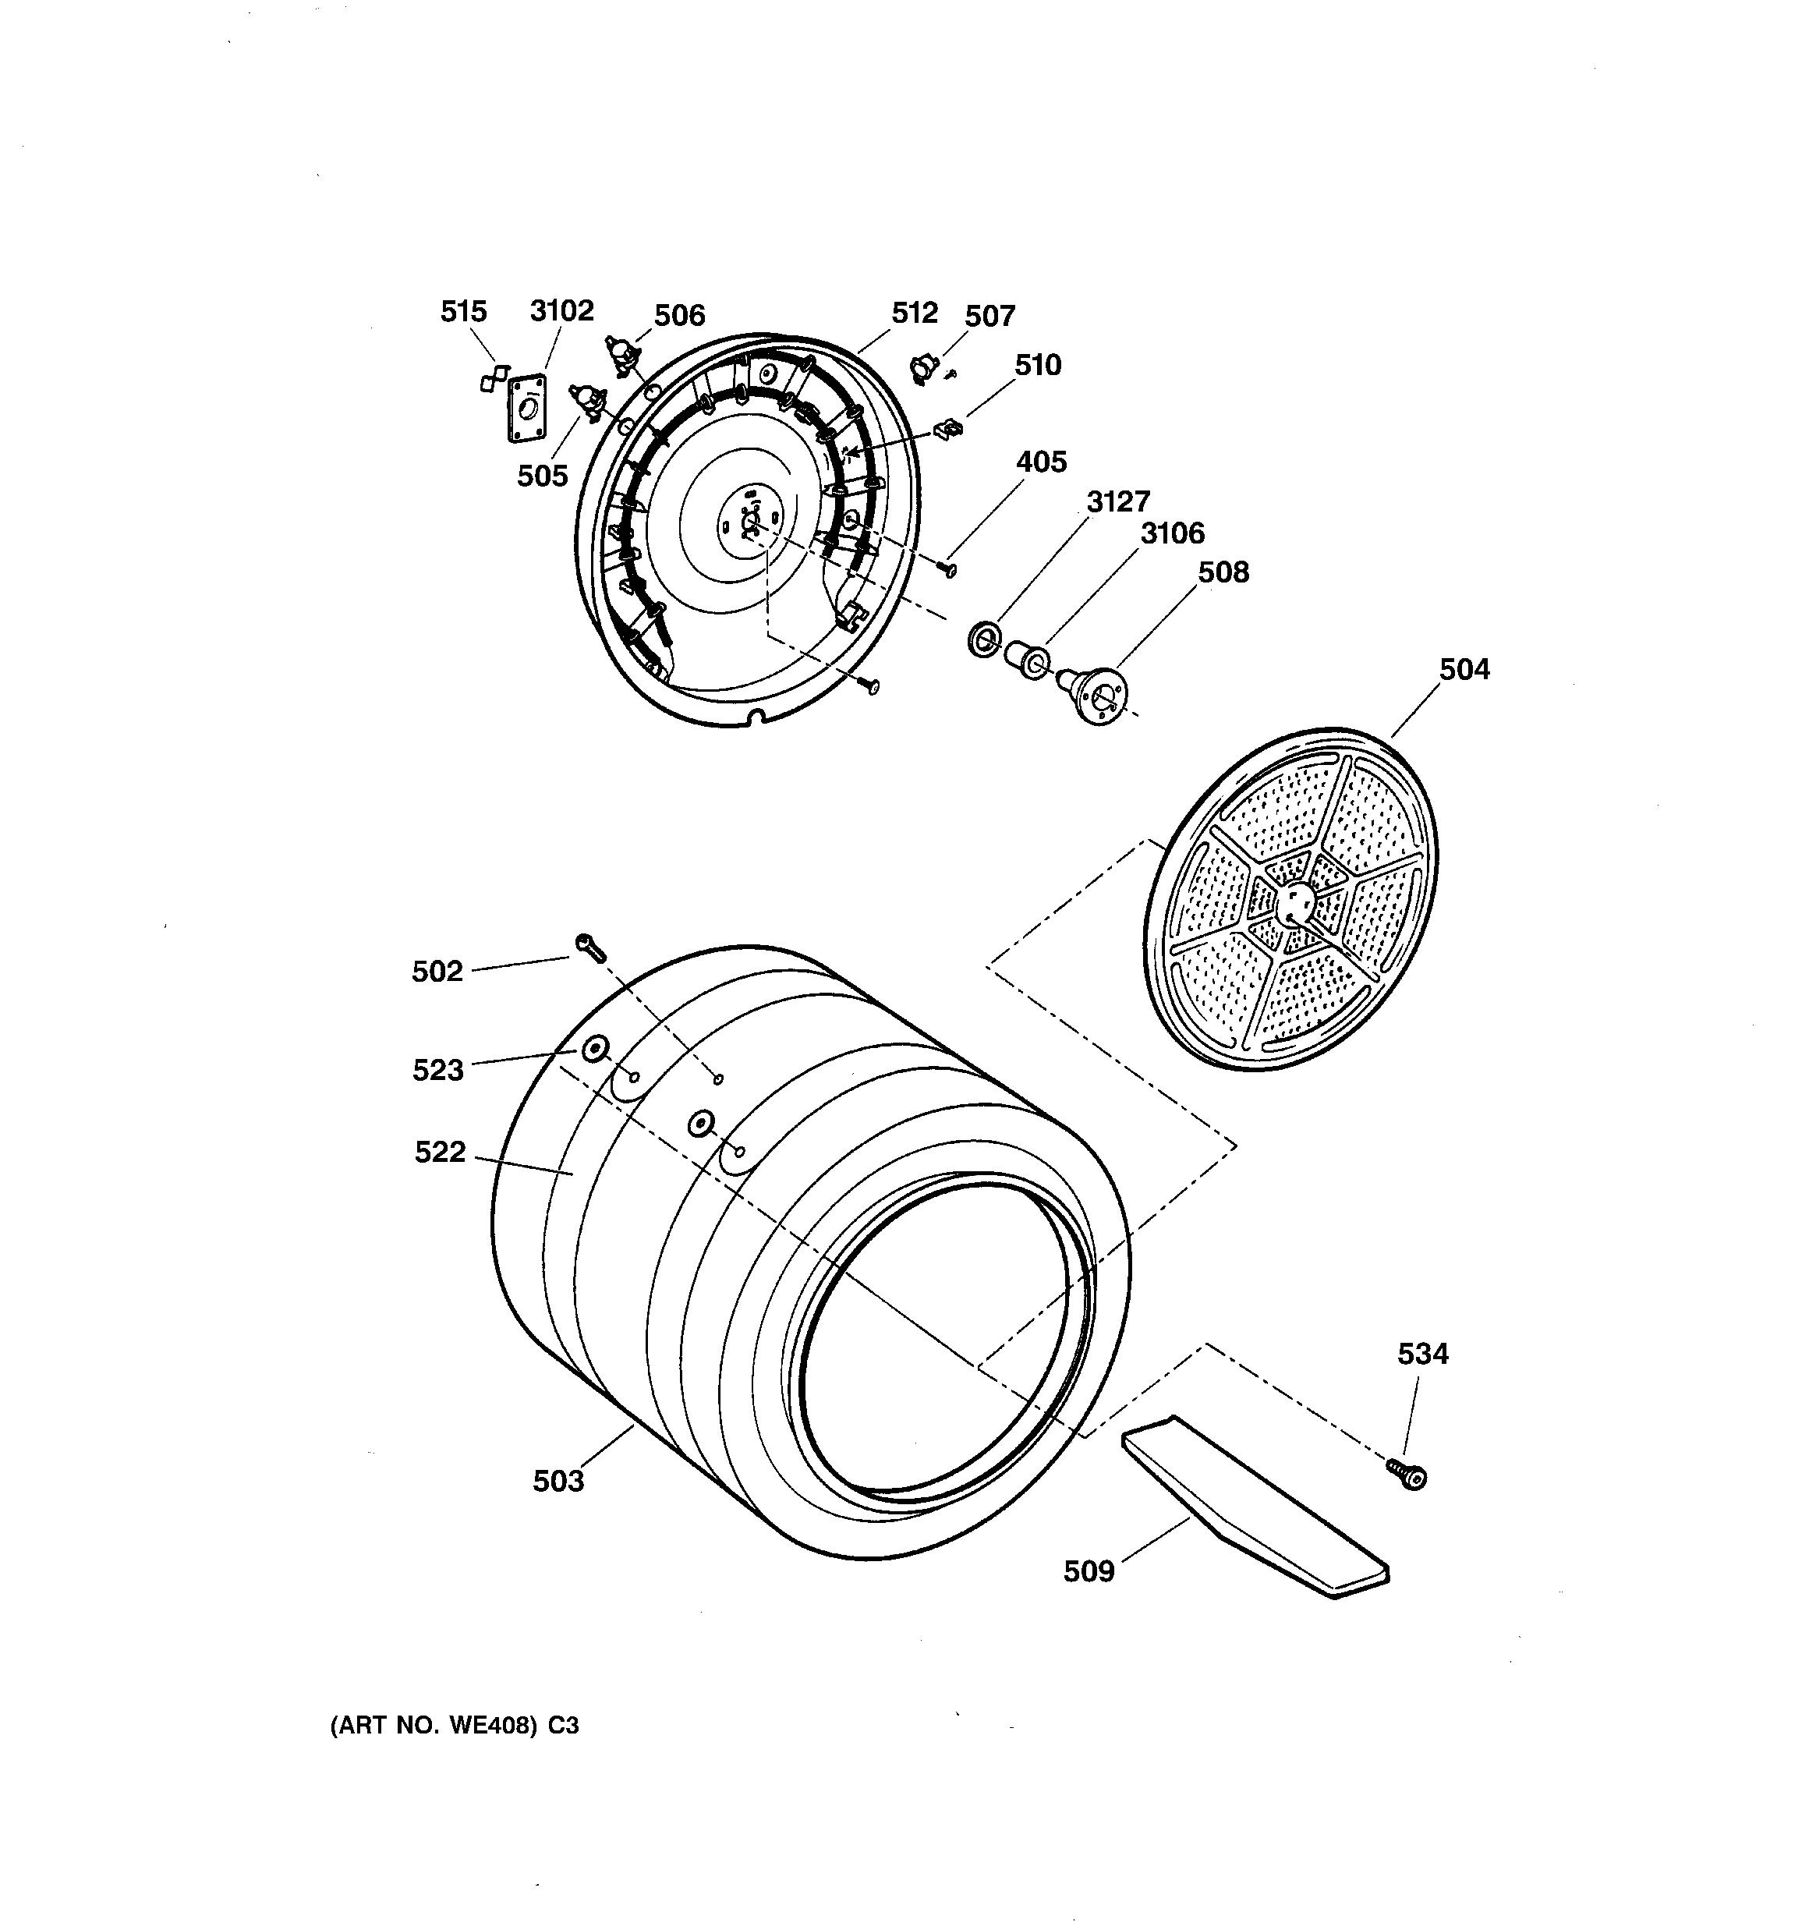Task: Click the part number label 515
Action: click(463, 312)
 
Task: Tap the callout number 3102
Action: click(561, 310)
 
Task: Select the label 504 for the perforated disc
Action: click(1464, 669)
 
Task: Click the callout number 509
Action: click(1089, 1571)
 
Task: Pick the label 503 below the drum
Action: click(558, 1481)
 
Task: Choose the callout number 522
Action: click(440, 1152)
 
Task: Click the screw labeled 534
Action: click(1407, 1475)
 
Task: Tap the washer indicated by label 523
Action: click(593, 1050)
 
